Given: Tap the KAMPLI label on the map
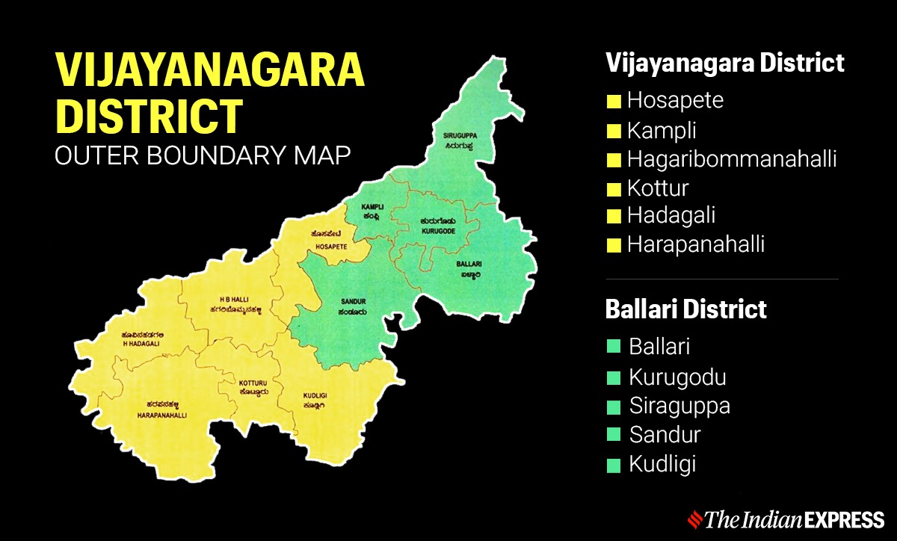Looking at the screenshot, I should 372,205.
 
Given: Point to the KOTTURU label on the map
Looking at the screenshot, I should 247,380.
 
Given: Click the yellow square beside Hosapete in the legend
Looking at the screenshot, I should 614,101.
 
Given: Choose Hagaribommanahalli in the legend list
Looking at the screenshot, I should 731,158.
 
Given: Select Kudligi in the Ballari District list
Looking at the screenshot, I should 662,463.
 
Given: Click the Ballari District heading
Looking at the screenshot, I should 685,309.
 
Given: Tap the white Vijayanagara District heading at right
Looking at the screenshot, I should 724,62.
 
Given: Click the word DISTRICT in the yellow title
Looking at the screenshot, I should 149,116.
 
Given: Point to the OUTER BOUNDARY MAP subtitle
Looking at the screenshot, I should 203,156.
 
